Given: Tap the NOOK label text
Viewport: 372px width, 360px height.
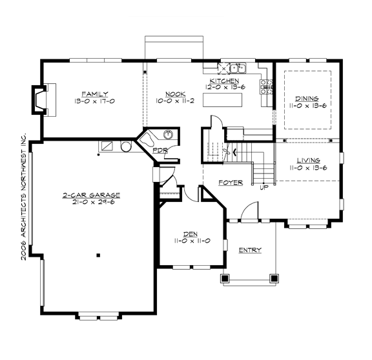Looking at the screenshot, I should [171, 94].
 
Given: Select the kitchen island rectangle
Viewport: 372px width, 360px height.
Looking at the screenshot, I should [222, 101].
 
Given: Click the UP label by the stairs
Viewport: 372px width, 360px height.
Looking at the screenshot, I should [263, 188].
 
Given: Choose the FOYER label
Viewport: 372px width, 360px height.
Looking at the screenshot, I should [231, 183].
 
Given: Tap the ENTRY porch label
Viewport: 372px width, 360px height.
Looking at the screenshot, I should [250, 250].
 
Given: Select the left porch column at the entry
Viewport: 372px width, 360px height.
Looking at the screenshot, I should [225, 279].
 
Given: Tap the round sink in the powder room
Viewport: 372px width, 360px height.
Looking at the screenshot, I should [168, 135].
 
